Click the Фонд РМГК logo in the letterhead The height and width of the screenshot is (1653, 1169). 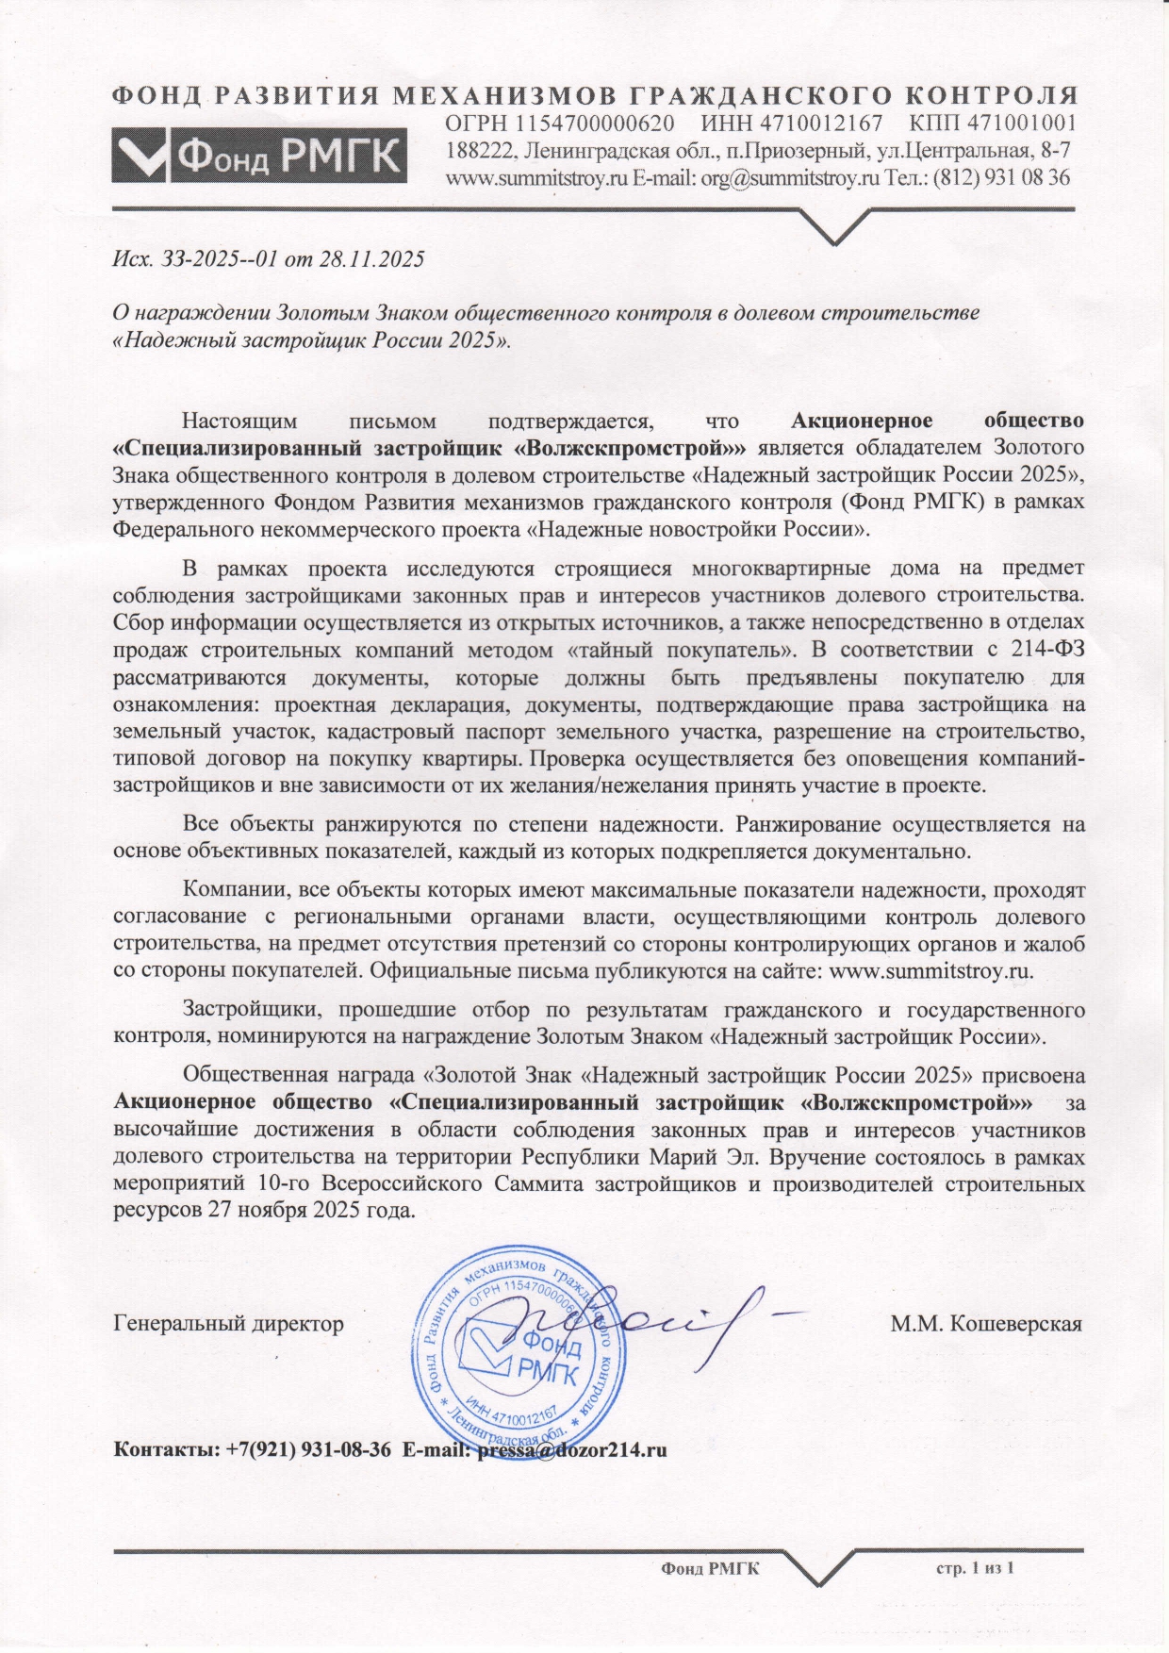pyautogui.click(x=259, y=155)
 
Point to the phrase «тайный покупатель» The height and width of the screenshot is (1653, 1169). pyautogui.click(x=683, y=650)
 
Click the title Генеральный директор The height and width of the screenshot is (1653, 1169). pyautogui.click(x=228, y=1323)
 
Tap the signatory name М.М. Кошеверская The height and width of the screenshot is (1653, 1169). pyautogui.click(x=986, y=1323)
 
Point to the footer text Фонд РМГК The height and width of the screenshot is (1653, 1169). pyautogui.click(x=710, y=1568)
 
